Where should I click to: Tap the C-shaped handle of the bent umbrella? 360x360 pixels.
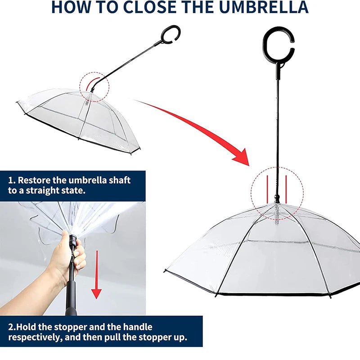pos(173,35)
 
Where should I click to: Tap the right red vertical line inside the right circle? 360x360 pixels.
pos(286,188)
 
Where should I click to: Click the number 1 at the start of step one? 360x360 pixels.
pos(10,180)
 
